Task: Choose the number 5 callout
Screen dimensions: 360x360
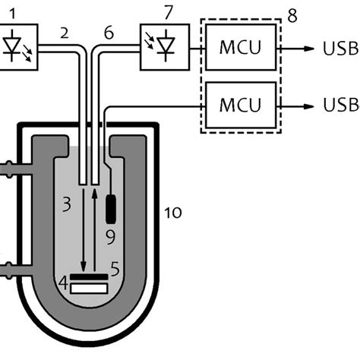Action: coord(115,267)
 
